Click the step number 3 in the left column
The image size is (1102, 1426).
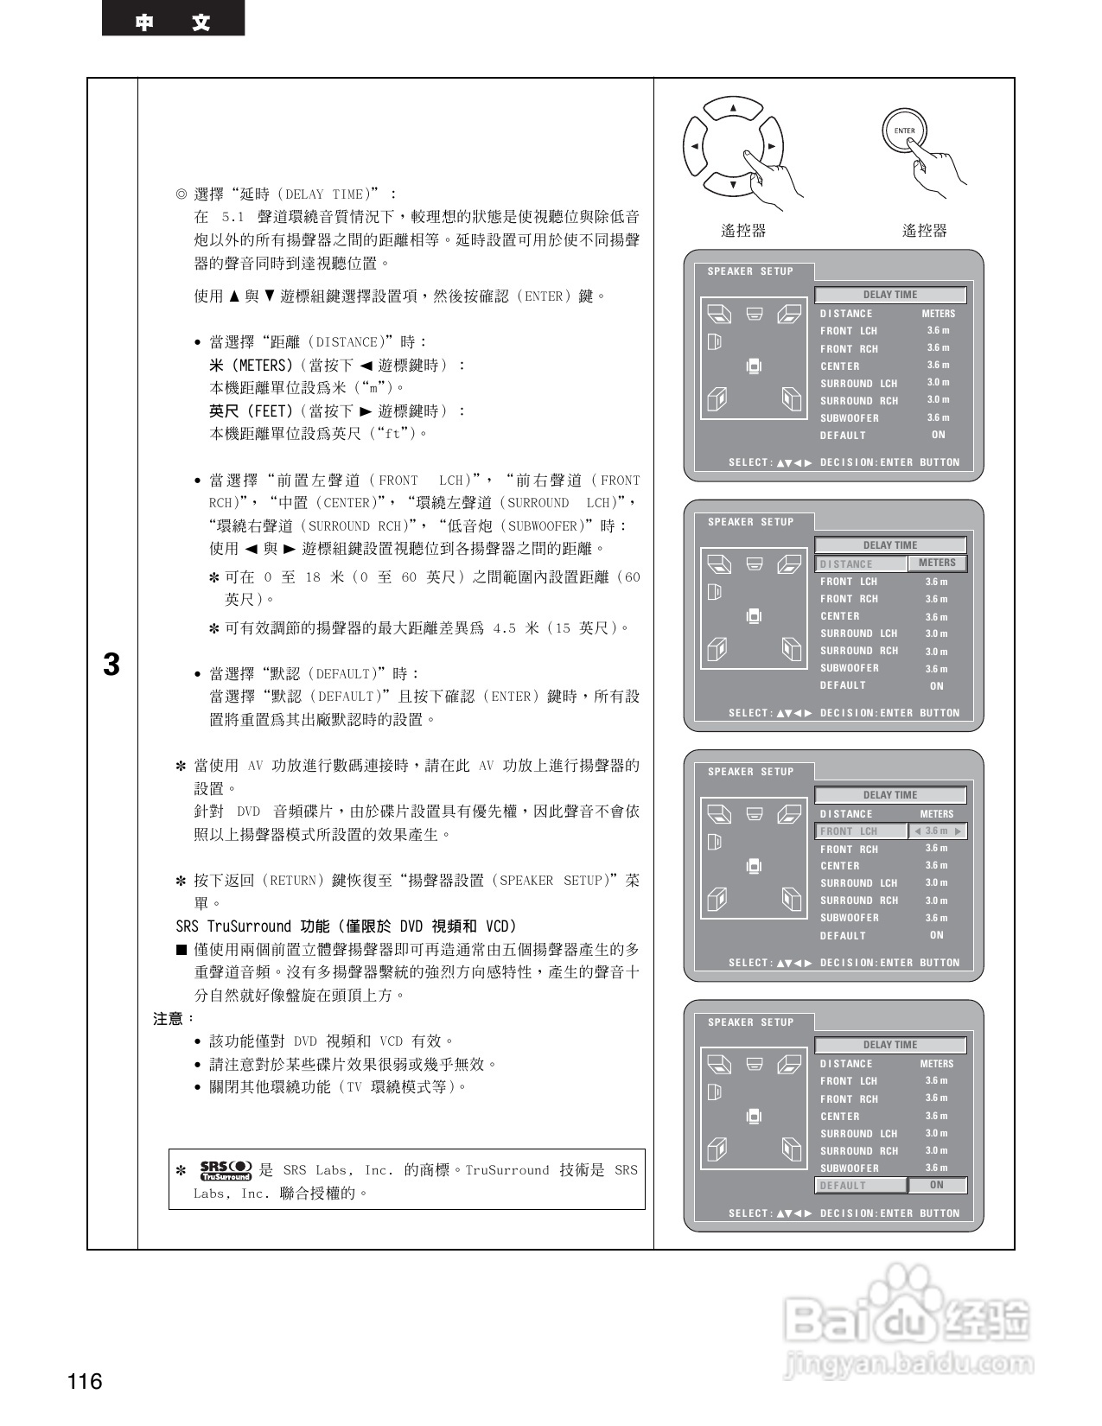point(111,665)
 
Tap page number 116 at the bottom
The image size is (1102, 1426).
point(85,1381)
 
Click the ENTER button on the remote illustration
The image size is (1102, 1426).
point(903,131)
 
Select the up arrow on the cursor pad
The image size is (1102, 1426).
point(733,108)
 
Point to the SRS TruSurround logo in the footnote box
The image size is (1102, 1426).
point(225,1170)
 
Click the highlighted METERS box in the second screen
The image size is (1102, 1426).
point(937,563)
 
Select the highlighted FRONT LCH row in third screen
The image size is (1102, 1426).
point(860,831)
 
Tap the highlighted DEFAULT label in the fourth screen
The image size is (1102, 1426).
point(860,1186)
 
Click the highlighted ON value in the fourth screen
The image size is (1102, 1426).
point(937,1186)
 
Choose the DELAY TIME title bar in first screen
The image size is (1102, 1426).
point(890,295)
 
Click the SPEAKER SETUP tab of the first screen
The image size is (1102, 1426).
point(750,271)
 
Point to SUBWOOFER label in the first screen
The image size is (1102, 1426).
point(850,418)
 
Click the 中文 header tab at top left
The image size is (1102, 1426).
point(173,21)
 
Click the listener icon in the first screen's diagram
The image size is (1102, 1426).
point(754,366)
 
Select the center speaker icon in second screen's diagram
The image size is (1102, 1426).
point(755,564)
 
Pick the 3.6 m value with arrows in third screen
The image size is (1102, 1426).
point(937,831)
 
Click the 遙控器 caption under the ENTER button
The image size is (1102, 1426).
point(924,231)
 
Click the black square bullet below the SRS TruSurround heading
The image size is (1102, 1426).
point(182,950)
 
